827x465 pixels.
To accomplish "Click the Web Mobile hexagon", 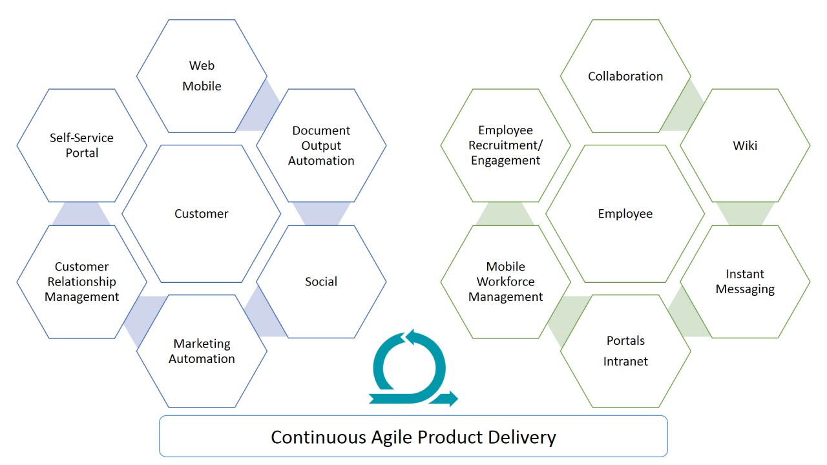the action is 202,76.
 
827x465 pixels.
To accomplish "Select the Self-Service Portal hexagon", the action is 81,145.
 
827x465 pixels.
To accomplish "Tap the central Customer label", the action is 201,214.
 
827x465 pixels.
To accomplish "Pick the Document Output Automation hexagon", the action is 321,145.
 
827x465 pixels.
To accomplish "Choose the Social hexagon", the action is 321,282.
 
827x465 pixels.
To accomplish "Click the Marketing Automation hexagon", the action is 202,351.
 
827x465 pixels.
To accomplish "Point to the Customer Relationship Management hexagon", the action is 81,282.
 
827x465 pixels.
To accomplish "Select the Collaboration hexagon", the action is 625,76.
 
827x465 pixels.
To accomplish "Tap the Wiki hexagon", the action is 745,145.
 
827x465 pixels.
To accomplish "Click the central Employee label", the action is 625,214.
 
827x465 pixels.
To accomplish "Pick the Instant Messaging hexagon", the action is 745,282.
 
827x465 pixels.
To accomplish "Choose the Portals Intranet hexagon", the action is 625,351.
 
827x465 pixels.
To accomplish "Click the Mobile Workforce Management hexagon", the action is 505,282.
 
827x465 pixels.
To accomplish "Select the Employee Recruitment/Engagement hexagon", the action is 505,145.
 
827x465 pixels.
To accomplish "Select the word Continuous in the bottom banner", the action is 319,437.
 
